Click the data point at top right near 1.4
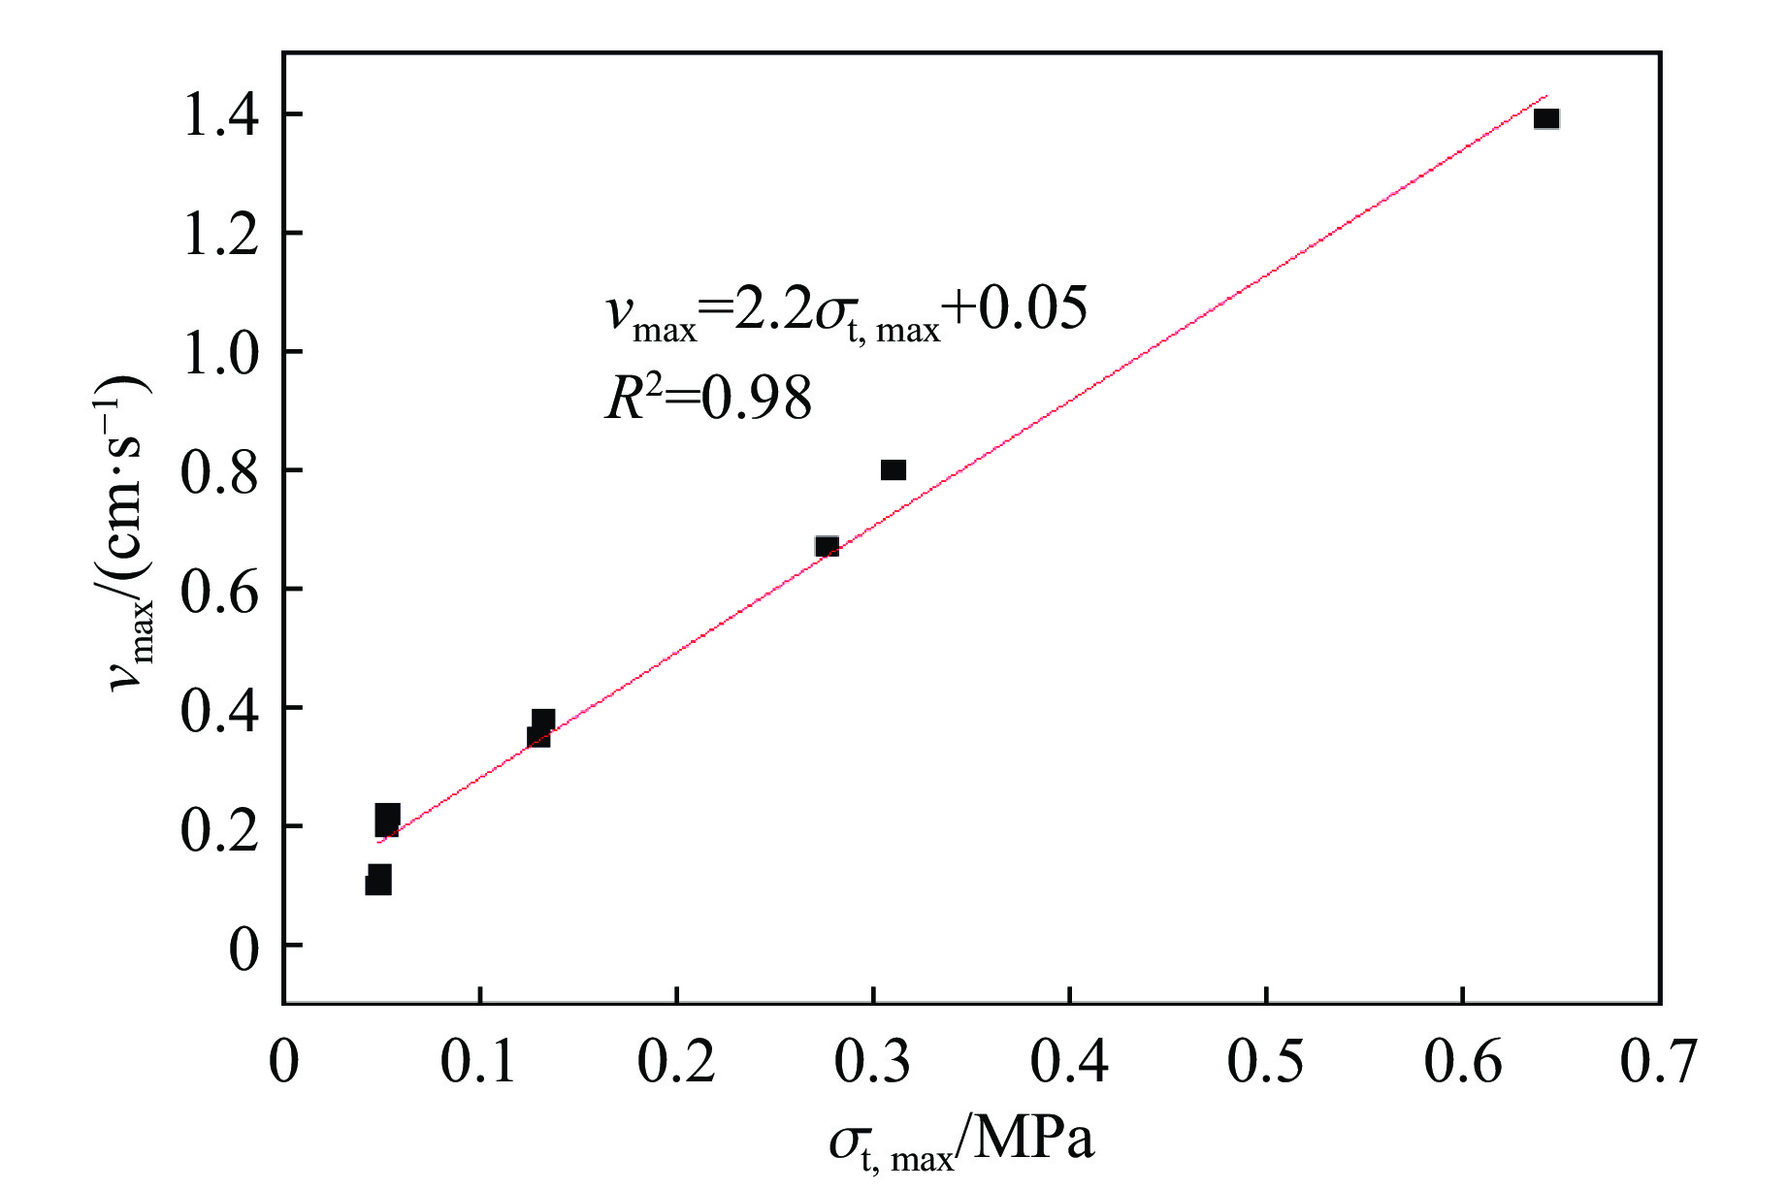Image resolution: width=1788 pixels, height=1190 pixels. point(1546,119)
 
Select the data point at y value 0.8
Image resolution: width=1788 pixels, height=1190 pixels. point(894,470)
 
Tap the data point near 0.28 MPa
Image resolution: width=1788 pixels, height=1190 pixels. point(827,547)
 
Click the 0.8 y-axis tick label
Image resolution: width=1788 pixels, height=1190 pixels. point(220,471)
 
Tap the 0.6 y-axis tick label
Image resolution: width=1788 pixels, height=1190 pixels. point(220,590)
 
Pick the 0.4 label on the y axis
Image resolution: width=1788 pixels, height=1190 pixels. point(220,709)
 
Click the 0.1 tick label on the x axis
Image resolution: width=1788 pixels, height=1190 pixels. point(479,1061)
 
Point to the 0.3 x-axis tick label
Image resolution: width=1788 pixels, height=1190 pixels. point(872,1061)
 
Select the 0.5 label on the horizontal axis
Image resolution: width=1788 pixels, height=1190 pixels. point(1266,1061)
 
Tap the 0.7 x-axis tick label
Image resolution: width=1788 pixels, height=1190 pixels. point(1659,1061)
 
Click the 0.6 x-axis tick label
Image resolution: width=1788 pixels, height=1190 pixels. point(1463,1061)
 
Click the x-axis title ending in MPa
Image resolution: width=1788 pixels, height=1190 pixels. point(961,1142)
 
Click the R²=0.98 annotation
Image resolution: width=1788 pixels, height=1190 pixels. point(708,398)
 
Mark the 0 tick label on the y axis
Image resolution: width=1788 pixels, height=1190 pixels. point(244,948)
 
